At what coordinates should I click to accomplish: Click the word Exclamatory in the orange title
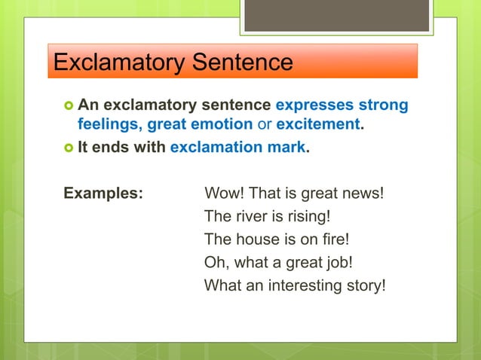113,61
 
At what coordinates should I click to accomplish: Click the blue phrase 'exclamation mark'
237,148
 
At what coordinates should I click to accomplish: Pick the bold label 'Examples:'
103,192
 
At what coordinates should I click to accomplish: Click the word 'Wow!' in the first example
224,192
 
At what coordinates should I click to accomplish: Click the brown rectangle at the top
336,15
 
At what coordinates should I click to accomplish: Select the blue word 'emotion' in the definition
224,124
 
